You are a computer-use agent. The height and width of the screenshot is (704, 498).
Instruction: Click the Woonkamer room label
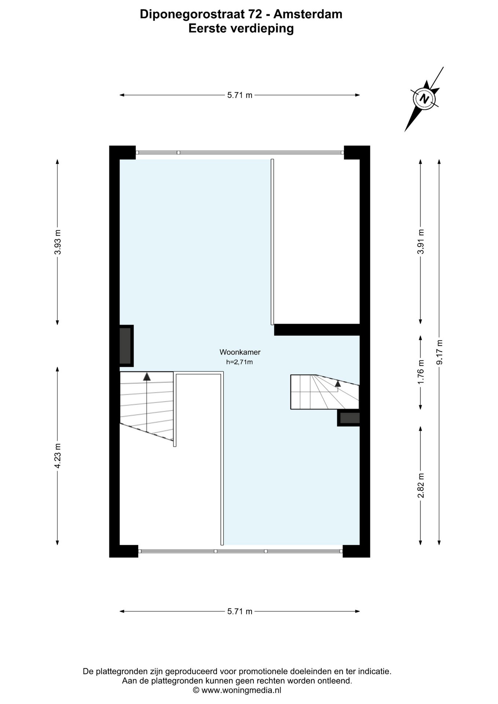pyautogui.click(x=240, y=352)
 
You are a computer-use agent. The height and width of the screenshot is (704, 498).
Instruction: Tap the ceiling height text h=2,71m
pyautogui.click(x=239, y=362)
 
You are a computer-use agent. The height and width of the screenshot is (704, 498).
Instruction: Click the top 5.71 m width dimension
pyautogui.click(x=240, y=95)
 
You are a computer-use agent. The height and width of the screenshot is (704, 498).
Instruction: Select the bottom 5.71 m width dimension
pyautogui.click(x=240, y=611)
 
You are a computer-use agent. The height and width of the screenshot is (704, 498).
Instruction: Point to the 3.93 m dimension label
pyautogui.click(x=58, y=242)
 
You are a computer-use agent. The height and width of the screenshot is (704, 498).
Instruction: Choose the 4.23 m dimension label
pyautogui.click(x=58, y=456)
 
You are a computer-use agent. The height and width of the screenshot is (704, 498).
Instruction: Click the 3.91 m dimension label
pyautogui.click(x=421, y=242)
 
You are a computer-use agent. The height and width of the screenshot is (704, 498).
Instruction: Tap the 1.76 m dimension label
pyautogui.click(x=421, y=372)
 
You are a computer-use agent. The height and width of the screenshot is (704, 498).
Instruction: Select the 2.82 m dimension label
pyautogui.click(x=421, y=485)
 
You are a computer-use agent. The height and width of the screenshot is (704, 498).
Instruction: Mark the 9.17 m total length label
pyautogui.click(x=440, y=352)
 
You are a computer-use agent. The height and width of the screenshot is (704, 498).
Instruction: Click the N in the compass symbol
pyautogui.click(x=425, y=99)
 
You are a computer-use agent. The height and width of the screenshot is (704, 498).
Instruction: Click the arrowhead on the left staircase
pyautogui.click(x=147, y=376)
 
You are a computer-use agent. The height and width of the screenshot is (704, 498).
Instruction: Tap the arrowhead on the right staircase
pyautogui.click(x=338, y=384)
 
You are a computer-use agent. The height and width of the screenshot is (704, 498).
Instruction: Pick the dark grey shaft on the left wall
pyautogui.click(x=126, y=346)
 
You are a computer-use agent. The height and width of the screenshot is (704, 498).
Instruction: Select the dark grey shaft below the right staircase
pyautogui.click(x=349, y=418)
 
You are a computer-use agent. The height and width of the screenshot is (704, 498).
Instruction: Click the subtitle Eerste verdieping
pyautogui.click(x=241, y=28)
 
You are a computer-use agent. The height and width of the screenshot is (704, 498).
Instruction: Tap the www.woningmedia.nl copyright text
pyautogui.click(x=237, y=690)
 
